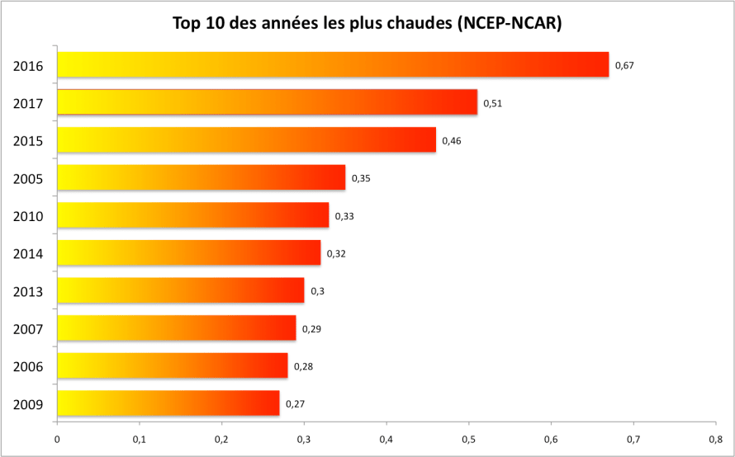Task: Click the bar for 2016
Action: pos(333,64)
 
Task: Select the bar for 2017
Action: pos(267,102)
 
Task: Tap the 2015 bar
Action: pos(246,140)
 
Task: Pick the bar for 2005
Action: pos(201,177)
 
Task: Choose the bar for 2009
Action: pos(168,403)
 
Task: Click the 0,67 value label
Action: pos(624,65)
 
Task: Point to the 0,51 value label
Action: pos(493,103)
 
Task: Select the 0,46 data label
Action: pos(452,141)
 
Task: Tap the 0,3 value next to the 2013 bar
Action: pos(317,291)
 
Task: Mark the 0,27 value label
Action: pos(295,404)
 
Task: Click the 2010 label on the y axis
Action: pos(28,217)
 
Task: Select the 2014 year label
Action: pos(28,254)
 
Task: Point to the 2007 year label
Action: pos(28,330)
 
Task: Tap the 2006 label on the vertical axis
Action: pos(28,367)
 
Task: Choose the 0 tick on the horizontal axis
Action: pos(57,438)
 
